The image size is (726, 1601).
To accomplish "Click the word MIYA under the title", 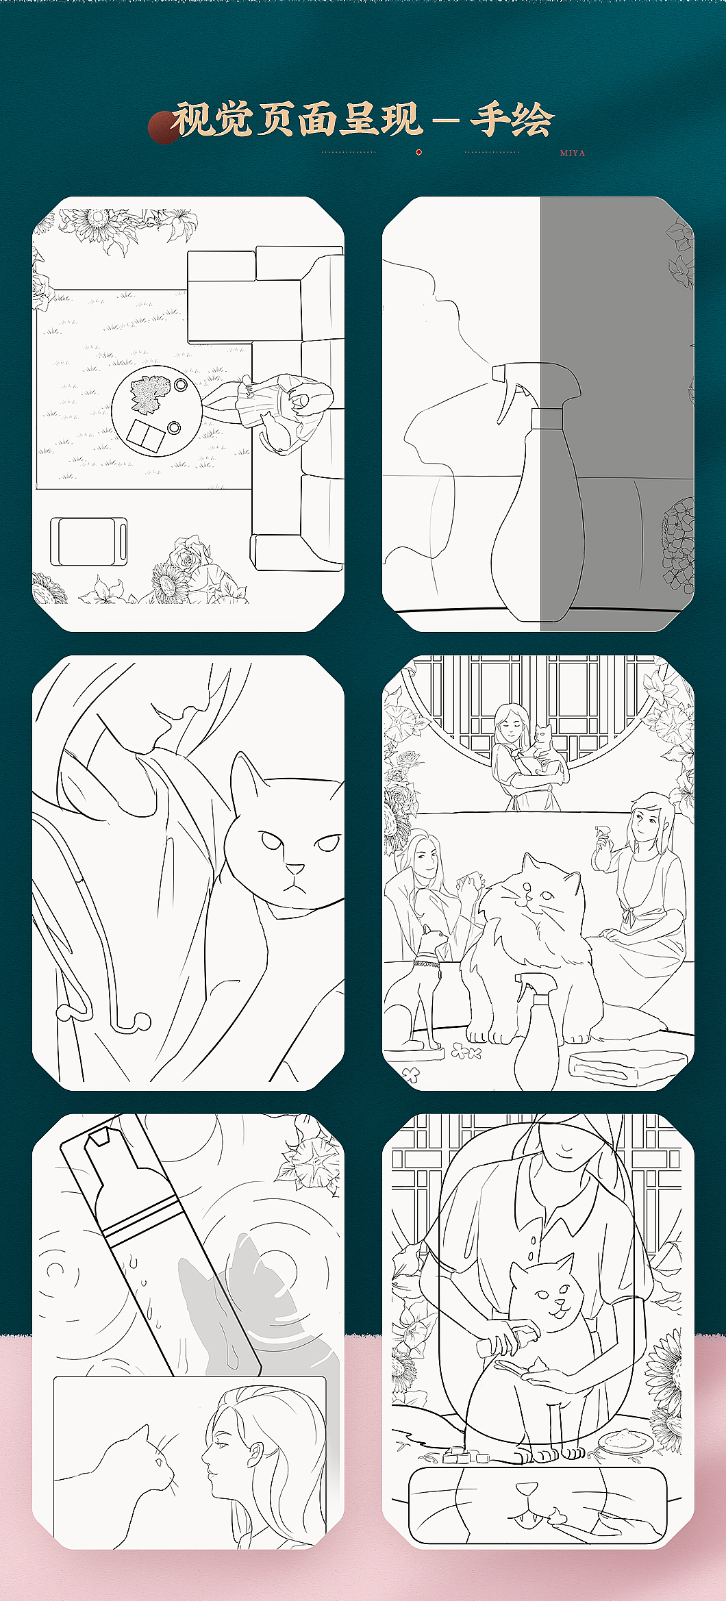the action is point(572,153).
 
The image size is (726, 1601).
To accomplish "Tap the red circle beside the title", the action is point(164,128).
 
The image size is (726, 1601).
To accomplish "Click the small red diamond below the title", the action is point(418,152).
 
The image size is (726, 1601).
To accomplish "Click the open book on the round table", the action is point(146,436).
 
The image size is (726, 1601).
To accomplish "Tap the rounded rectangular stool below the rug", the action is point(89,542).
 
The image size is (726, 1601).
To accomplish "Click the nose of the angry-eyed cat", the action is point(295,869).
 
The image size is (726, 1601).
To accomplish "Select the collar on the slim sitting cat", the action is point(426,964).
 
